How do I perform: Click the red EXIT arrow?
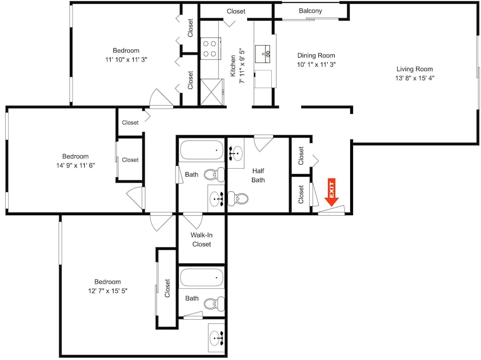331,192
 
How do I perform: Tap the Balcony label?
310,11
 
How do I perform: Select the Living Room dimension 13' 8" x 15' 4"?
415,78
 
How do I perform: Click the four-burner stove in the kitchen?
211,49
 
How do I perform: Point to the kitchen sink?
263,54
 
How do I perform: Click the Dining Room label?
316,55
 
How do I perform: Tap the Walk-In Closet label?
202,239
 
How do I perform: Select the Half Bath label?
258,175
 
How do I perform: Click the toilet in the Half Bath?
238,199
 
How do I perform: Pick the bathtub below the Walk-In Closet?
202,277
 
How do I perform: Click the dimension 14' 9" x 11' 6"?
76,165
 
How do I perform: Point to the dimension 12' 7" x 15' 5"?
108,291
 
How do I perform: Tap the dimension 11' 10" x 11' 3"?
126,60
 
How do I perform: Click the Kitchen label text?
233,66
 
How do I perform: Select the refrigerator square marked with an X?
212,92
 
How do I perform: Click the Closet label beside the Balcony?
236,12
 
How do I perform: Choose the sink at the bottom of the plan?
216,338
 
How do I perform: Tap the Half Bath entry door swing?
263,143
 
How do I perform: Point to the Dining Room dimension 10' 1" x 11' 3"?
316,64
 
